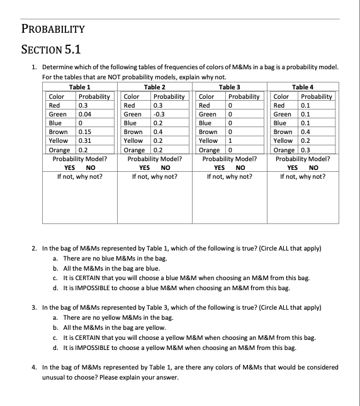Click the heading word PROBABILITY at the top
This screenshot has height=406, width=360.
coord(53,29)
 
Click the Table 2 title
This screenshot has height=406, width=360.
coord(155,87)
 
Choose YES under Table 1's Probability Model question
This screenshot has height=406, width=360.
coord(70,168)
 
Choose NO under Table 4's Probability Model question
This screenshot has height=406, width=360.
coord(315,168)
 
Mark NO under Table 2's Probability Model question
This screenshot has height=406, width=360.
coord(166,168)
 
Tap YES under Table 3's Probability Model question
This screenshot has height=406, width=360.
coord(220,168)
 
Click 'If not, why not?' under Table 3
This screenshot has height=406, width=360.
coord(230,177)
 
